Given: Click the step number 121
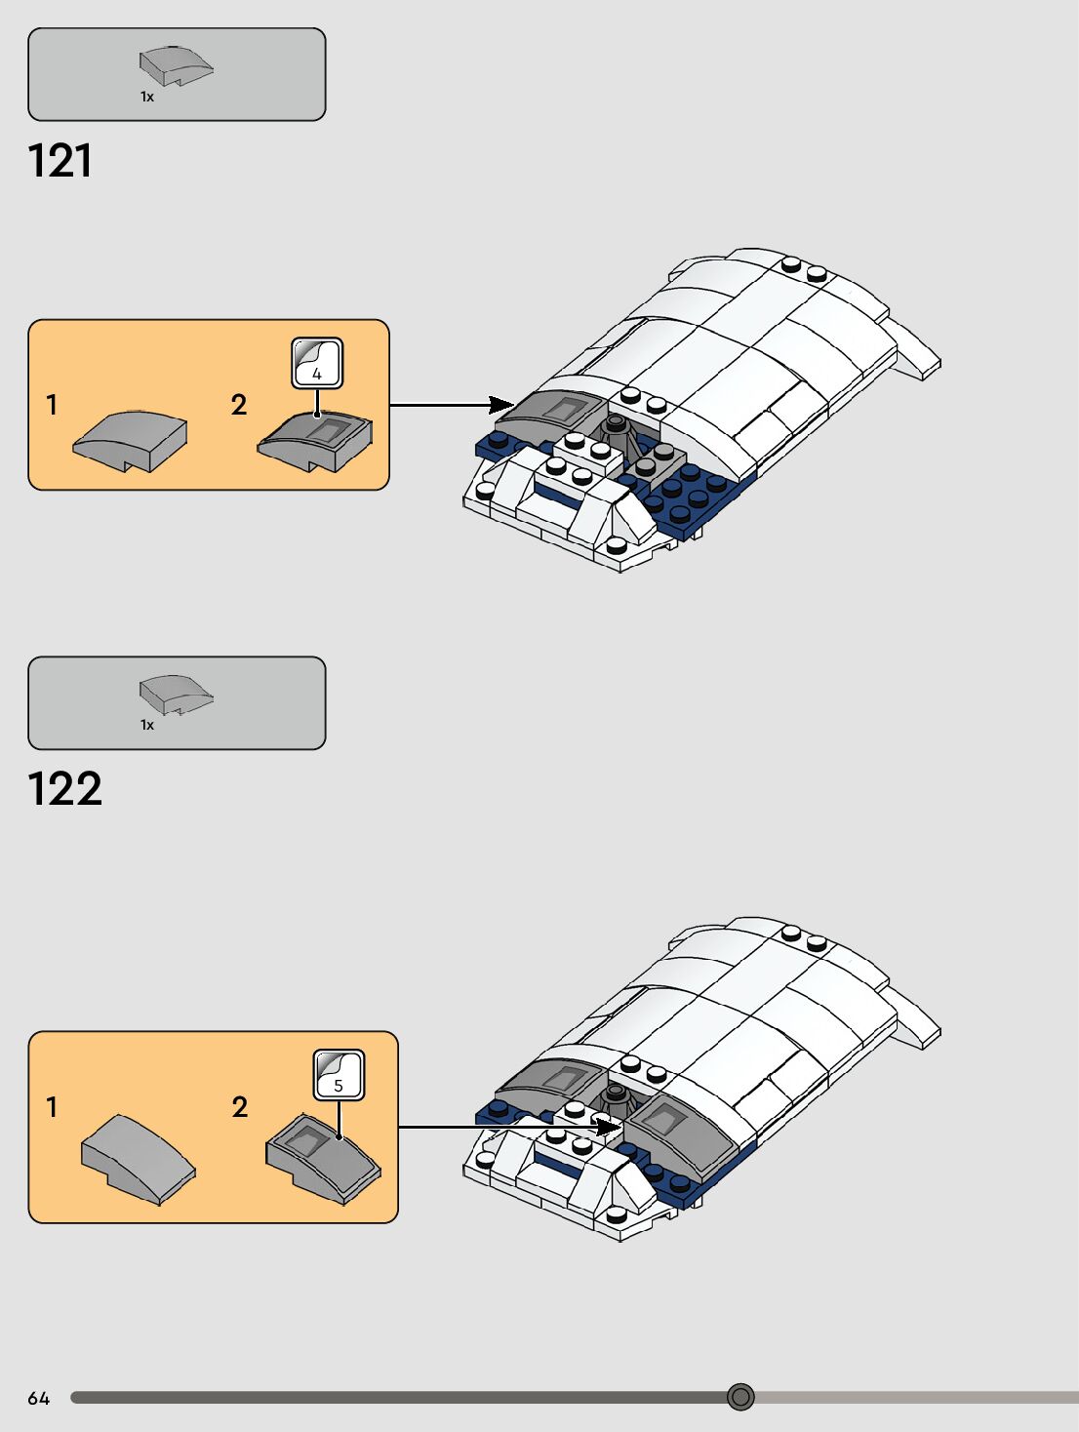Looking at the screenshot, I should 60,161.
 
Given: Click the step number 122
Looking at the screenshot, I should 64,789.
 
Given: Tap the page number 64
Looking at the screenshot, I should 38,1398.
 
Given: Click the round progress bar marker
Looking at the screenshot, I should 740,1397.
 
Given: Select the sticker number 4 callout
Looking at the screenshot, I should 317,364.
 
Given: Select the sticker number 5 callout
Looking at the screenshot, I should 339,1075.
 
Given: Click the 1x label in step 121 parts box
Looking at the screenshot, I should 147,97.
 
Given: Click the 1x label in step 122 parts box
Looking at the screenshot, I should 147,725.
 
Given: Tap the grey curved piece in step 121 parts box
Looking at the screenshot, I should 175,65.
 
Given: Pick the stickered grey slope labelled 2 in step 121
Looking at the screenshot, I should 316,439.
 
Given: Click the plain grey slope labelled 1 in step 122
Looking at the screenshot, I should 138,1157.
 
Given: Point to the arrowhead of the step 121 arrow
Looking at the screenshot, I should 501,405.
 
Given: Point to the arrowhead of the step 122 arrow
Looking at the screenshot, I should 609,1128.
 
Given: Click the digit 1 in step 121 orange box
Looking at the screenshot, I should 52,405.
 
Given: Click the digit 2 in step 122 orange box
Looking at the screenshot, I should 240,1107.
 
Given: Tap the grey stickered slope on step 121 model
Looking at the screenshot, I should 551,408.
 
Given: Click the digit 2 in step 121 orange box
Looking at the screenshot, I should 239,405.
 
